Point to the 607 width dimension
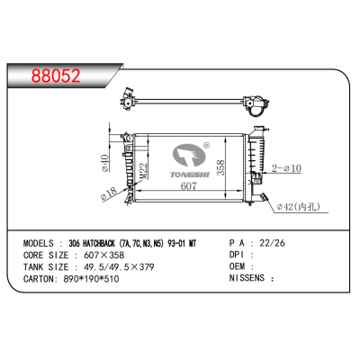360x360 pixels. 188,186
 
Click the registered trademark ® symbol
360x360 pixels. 206,143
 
